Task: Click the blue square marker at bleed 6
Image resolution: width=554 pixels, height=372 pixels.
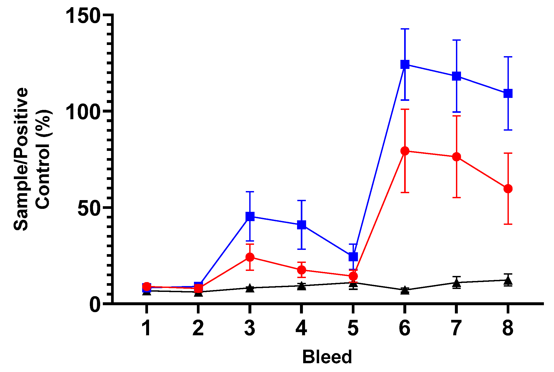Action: click(405, 64)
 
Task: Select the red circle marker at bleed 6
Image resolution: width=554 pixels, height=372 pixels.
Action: click(405, 151)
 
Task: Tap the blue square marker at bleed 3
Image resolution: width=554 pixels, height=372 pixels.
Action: click(250, 216)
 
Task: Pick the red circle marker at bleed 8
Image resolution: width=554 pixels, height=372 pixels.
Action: click(508, 189)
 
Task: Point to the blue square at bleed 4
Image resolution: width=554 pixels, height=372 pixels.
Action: click(301, 225)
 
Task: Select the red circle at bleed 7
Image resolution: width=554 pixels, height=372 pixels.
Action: click(456, 157)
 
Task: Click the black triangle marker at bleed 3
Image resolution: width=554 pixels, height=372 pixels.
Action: click(250, 288)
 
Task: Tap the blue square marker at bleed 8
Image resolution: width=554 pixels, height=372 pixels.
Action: click(508, 93)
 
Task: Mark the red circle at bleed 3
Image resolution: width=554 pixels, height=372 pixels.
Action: click(250, 257)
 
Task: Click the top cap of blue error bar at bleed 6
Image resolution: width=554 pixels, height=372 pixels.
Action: click(405, 29)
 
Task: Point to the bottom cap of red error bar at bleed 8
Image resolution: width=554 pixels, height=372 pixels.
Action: click(508, 224)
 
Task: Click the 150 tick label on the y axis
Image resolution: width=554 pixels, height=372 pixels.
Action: click(83, 15)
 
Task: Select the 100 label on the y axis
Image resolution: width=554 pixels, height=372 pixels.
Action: click(83, 112)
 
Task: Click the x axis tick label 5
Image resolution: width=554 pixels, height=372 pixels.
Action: click(353, 328)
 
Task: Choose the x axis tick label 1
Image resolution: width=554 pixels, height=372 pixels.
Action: click(146, 328)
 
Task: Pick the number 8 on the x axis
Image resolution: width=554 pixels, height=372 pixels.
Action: click(508, 328)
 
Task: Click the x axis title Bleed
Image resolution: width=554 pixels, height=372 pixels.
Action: click(327, 357)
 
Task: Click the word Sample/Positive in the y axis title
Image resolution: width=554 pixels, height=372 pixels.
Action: click(21, 159)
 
